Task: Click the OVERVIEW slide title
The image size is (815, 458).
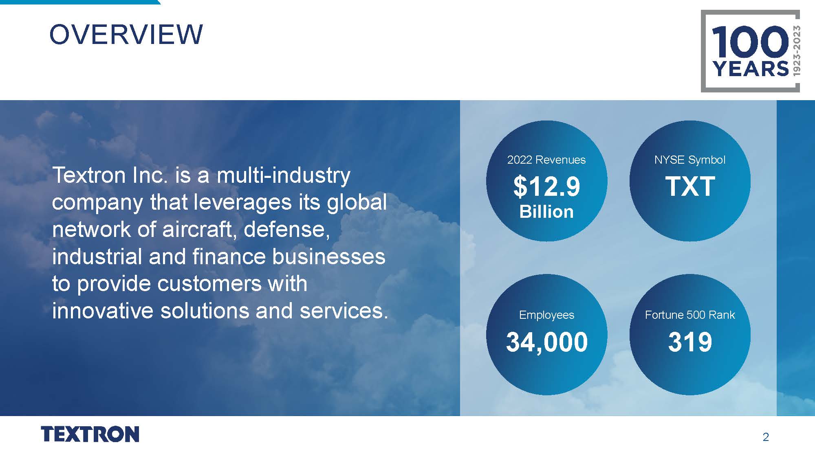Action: coord(126,34)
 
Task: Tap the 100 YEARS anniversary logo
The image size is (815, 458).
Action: coord(750,51)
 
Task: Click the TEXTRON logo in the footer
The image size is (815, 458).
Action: coord(90,434)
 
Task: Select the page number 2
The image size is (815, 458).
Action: coord(766,437)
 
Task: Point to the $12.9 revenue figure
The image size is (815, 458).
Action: coord(546,186)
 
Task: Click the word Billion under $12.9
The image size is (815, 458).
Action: coord(546,212)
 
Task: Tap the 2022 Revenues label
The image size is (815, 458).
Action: coord(546,160)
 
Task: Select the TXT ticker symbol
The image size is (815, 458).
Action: coord(690,186)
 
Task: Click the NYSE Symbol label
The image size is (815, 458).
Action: coord(690,160)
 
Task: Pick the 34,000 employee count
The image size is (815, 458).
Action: coord(547,342)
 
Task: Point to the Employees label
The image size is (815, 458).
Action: coord(546,315)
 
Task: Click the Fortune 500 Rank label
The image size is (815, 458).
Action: coord(690,315)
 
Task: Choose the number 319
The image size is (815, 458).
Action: coord(690,342)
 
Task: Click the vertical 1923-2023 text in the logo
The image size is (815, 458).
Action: coord(796,50)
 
